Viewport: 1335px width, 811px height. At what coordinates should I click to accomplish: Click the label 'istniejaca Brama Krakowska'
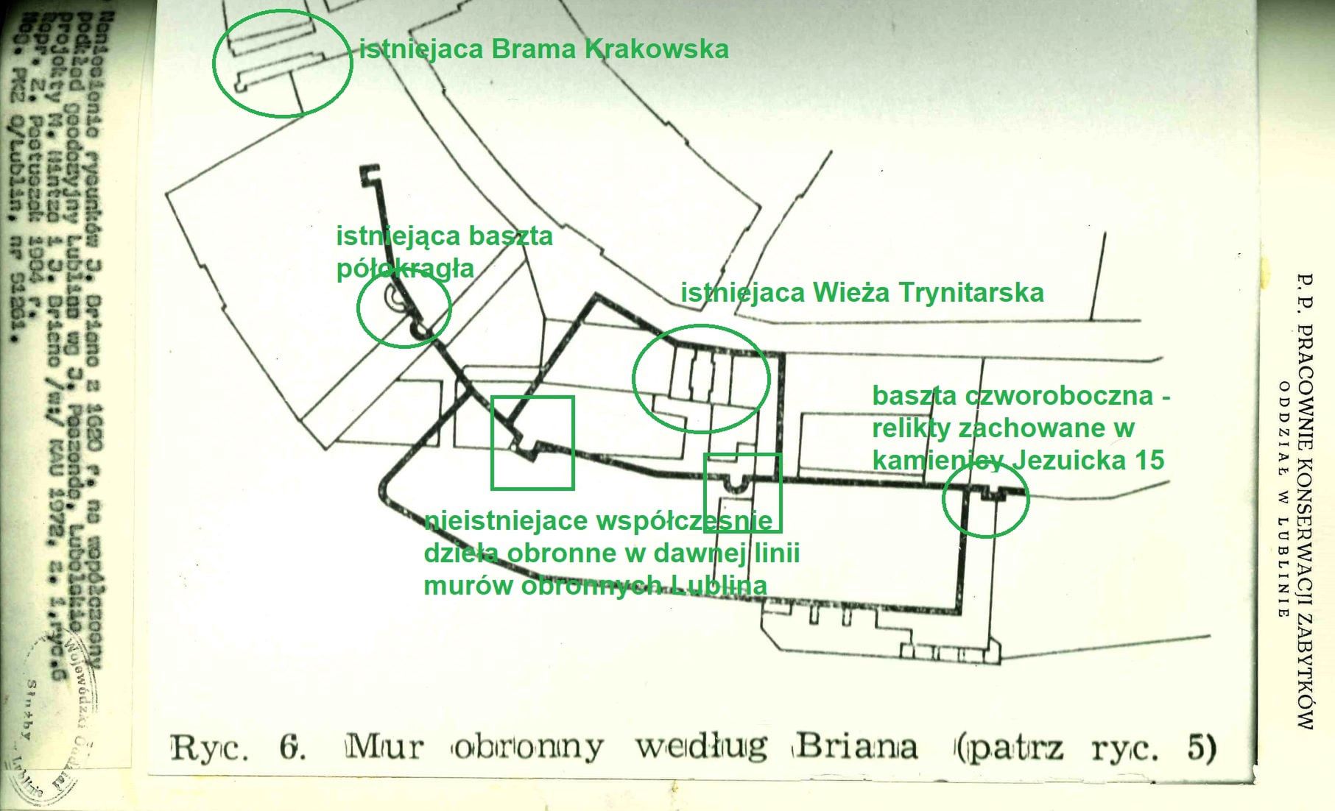point(543,49)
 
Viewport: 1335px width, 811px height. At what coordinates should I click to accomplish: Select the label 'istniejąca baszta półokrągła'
point(444,252)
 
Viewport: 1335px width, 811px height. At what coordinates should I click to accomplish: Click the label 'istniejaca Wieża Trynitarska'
point(862,293)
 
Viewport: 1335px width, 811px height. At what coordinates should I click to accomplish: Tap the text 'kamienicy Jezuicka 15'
point(1018,460)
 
